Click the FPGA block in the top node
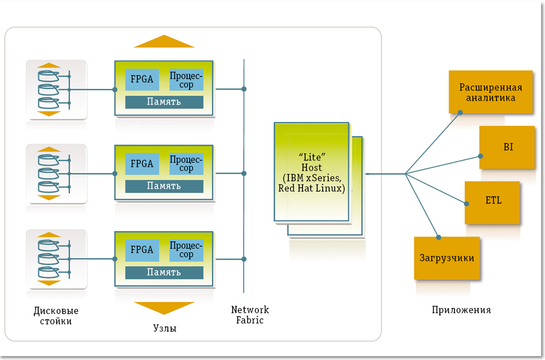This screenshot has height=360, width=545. [x=142, y=80]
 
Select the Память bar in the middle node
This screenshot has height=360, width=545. [x=164, y=186]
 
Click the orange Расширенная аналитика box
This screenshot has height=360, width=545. [x=491, y=92]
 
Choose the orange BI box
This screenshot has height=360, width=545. [x=507, y=147]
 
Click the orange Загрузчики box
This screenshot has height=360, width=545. [x=447, y=258]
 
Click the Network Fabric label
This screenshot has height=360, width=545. [x=250, y=315]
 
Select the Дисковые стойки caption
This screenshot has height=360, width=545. [x=56, y=316]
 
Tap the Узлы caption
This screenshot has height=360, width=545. [x=164, y=328]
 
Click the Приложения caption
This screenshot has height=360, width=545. [x=461, y=310]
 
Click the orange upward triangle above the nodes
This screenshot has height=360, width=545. [x=164, y=41]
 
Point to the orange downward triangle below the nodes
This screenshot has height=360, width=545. [x=164, y=308]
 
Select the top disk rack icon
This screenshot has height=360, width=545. [x=56, y=89]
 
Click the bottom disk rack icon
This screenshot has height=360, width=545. [x=56, y=259]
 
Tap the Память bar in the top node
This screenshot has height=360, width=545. [x=164, y=102]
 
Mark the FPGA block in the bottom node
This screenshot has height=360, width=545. [x=142, y=250]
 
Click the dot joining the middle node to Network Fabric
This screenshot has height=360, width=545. [x=244, y=173]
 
